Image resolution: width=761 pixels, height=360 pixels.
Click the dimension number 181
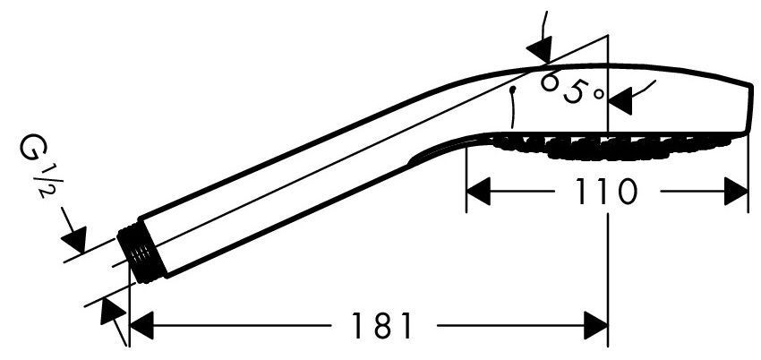tap(381, 326)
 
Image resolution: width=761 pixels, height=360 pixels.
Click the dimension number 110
tap(606, 192)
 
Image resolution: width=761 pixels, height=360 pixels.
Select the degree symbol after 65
tap(599, 93)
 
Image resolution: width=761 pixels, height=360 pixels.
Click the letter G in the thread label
tap(30, 149)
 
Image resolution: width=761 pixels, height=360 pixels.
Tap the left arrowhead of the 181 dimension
tap(141, 326)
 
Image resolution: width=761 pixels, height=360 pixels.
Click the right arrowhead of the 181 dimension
tap(596, 326)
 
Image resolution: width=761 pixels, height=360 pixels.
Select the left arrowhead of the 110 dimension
tap(478, 192)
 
